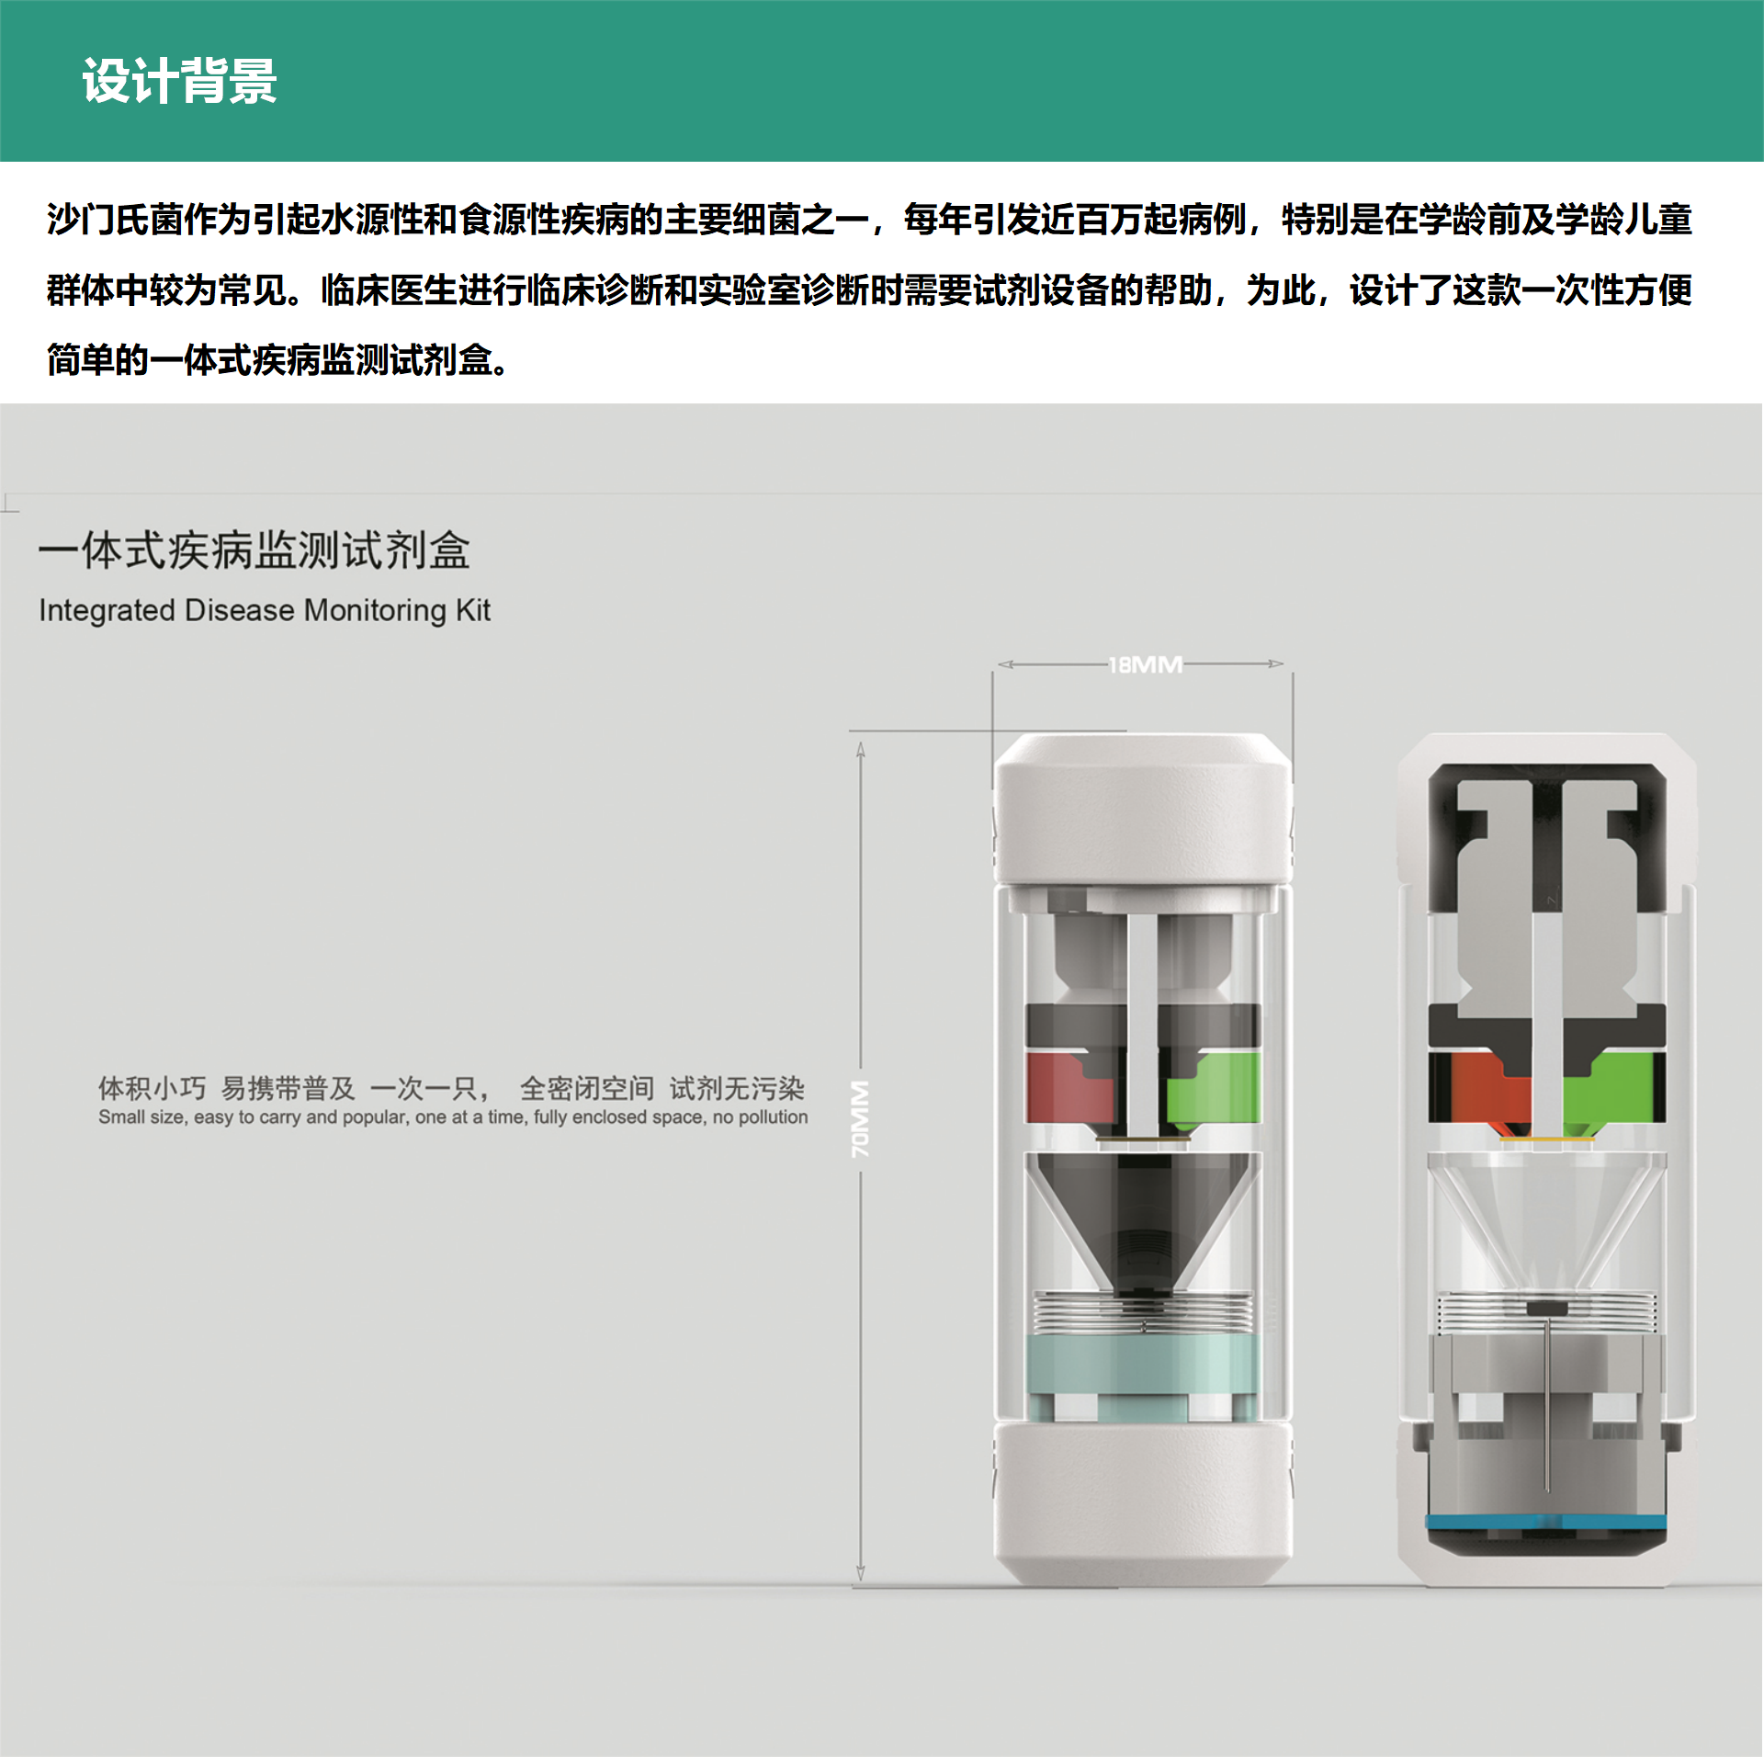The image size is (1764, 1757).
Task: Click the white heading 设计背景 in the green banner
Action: pyautogui.click(x=180, y=81)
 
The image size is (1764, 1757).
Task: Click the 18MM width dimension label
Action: pyautogui.click(x=1145, y=664)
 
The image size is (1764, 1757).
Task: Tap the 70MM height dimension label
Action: pyautogui.click(x=860, y=1118)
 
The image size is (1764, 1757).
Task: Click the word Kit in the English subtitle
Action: pyautogui.click(x=473, y=610)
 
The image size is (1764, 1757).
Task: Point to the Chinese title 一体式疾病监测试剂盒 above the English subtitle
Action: pyautogui.click(x=254, y=551)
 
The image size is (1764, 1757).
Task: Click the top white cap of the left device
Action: pyautogui.click(x=1143, y=809)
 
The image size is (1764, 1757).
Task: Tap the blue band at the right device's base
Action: pyautogui.click(x=1547, y=1522)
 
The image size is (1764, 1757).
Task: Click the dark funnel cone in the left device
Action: pyautogui.click(x=1142, y=1213)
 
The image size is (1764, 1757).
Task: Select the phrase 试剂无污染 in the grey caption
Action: pyautogui.click(x=737, y=1089)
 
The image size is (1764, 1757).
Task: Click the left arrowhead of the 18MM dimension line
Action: pyautogui.click(x=1004, y=663)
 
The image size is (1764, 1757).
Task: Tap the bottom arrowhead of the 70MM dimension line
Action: pyautogui.click(x=861, y=1573)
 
